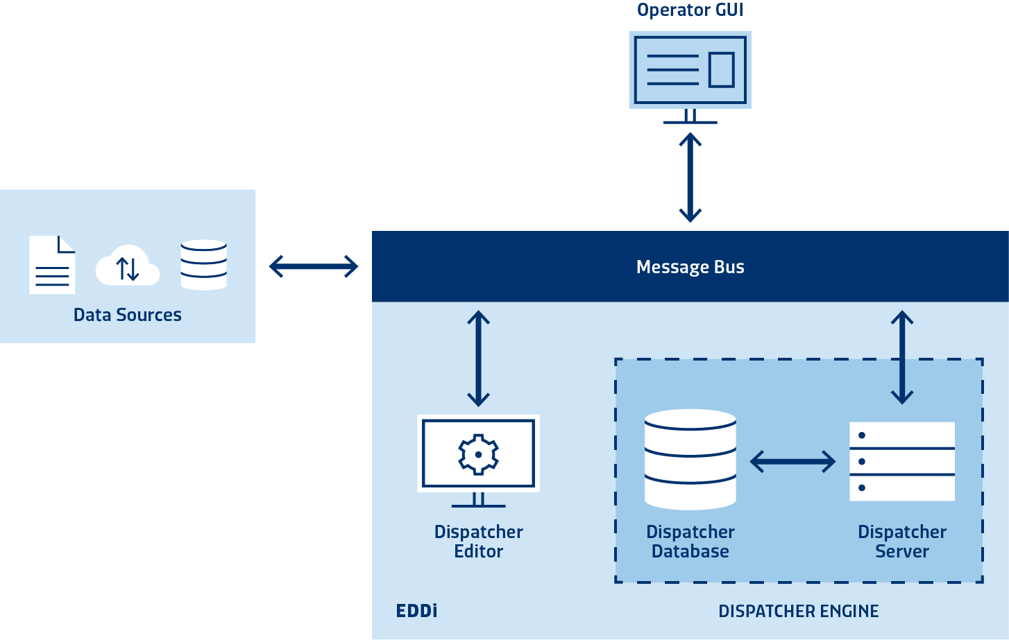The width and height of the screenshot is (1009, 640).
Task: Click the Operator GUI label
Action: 690,10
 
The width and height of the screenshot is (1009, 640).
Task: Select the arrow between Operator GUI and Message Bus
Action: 690,178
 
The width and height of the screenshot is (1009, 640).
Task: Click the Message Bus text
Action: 690,267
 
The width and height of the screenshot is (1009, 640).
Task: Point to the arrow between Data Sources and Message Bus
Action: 314,266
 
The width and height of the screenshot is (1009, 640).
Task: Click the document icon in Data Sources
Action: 52,265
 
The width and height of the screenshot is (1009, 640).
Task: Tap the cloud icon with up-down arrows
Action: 128,266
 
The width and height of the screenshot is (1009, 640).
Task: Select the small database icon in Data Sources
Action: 203,264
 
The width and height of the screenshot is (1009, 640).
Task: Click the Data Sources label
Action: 128,315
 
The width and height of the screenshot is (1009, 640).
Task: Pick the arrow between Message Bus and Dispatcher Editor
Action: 478,358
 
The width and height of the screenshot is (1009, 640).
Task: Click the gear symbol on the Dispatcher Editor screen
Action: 478,454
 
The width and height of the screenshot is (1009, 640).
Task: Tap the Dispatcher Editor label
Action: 478,542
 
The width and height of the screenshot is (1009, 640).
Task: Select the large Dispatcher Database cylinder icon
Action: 690,458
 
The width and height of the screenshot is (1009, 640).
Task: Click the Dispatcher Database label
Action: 690,542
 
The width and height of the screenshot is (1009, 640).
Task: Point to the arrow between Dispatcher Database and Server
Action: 792,461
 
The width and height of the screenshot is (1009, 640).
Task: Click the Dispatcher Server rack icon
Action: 901,461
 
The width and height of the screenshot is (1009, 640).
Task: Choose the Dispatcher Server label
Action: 901,542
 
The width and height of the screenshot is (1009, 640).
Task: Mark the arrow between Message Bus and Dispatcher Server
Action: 901,358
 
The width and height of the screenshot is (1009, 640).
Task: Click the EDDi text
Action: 416,611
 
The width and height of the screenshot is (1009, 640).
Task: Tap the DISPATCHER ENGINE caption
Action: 798,612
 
